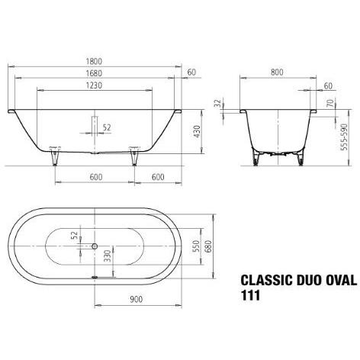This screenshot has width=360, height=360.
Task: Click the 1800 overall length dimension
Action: click(93, 60)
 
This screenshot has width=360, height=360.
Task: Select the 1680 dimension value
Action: click(93, 74)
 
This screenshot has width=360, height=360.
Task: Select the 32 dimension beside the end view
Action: click(218, 101)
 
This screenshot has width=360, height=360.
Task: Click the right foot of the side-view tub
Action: click(135, 157)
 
